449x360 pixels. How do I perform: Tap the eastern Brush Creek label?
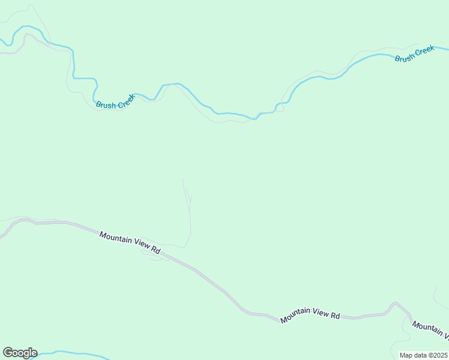[x=414, y=54]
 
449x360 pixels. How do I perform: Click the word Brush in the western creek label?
[x=106, y=106]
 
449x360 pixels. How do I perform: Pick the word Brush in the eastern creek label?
[x=405, y=57]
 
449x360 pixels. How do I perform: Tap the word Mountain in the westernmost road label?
[x=116, y=239]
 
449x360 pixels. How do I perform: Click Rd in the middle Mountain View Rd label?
[x=336, y=314]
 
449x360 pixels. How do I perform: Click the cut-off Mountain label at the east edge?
[x=429, y=329]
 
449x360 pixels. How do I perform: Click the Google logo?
[x=20, y=353]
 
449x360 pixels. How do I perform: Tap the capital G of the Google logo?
[x=8, y=353]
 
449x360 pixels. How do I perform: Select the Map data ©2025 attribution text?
[x=423, y=355]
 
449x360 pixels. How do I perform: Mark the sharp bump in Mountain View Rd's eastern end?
[x=395, y=304]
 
